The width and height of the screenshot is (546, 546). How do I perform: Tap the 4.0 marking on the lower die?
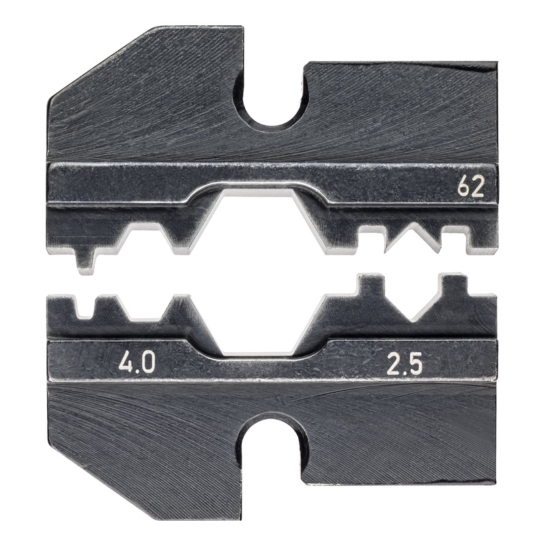point(136,362)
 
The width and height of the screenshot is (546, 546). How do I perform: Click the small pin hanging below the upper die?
point(85,261)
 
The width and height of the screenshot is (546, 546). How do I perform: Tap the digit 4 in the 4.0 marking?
point(126,362)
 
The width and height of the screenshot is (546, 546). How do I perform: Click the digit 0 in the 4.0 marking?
point(147,362)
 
